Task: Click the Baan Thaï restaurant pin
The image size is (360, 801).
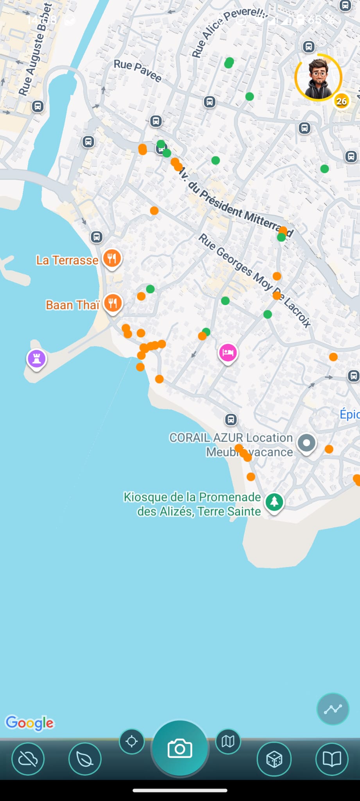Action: pyautogui.click(x=113, y=303)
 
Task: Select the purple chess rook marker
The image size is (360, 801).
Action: pyautogui.click(x=37, y=358)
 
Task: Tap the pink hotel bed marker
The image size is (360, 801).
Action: pyautogui.click(x=228, y=352)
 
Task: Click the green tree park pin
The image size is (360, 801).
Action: pyautogui.click(x=274, y=501)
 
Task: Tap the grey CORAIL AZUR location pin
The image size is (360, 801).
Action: pyautogui.click(x=306, y=443)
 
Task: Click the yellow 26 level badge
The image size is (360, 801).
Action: pyautogui.click(x=341, y=101)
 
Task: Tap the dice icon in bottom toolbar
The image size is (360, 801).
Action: pyautogui.click(x=274, y=759)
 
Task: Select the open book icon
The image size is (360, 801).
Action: pyautogui.click(x=331, y=759)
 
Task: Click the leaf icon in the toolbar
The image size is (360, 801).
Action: pyautogui.click(x=85, y=759)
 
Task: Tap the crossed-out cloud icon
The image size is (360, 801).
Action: pyautogui.click(x=28, y=759)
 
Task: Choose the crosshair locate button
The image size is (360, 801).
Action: pyautogui.click(x=132, y=741)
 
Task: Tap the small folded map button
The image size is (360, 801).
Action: pyautogui.click(x=228, y=741)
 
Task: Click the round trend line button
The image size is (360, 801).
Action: pyautogui.click(x=333, y=709)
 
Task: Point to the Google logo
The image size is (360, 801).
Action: pyautogui.click(x=30, y=723)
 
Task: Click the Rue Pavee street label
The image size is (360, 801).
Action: pyautogui.click(x=138, y=71)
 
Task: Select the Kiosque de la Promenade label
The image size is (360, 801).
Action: pyautogui.click(x=192, y=504)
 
